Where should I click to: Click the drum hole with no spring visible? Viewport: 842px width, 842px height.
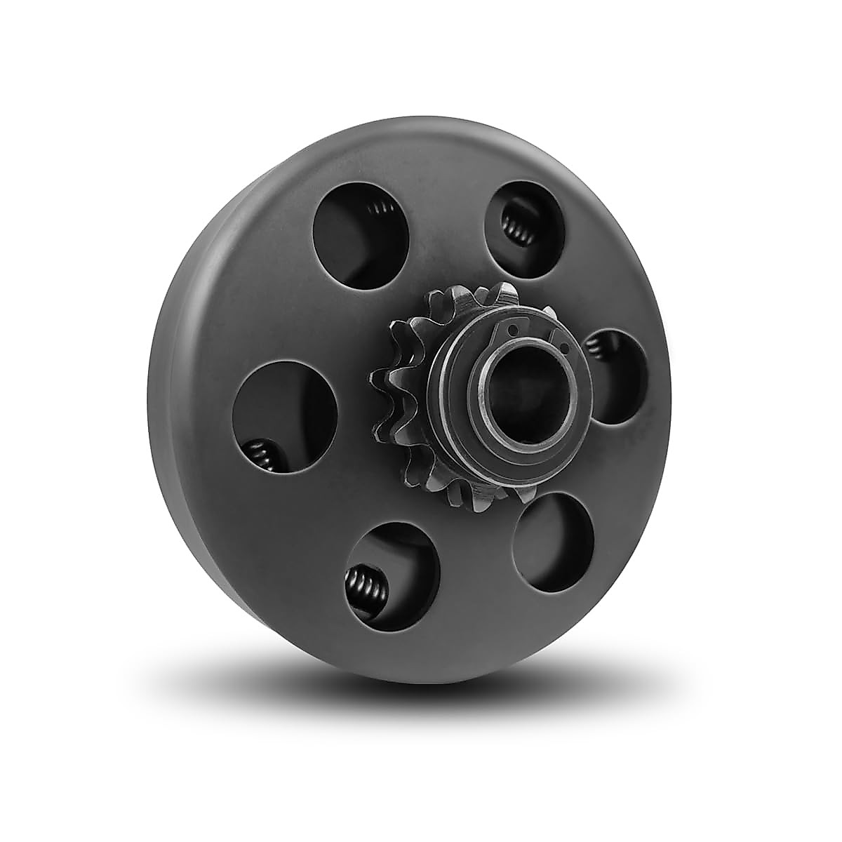554,540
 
